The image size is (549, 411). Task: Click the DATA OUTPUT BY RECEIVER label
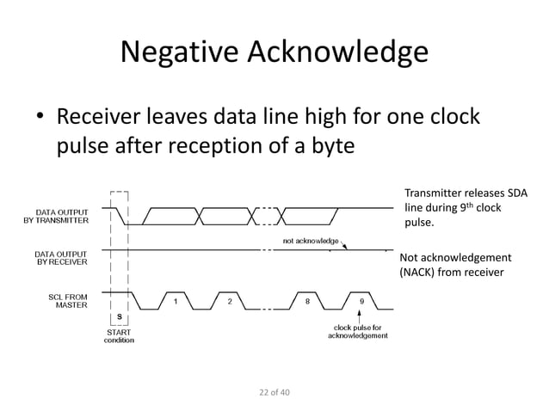59,259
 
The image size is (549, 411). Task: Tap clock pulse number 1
176,301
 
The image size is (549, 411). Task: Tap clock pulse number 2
229,301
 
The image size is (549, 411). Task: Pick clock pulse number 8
308,301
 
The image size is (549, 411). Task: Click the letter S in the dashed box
119,317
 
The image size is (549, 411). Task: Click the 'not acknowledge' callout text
311,240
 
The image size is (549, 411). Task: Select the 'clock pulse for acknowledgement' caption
357,331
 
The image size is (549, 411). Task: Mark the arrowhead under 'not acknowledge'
346,248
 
